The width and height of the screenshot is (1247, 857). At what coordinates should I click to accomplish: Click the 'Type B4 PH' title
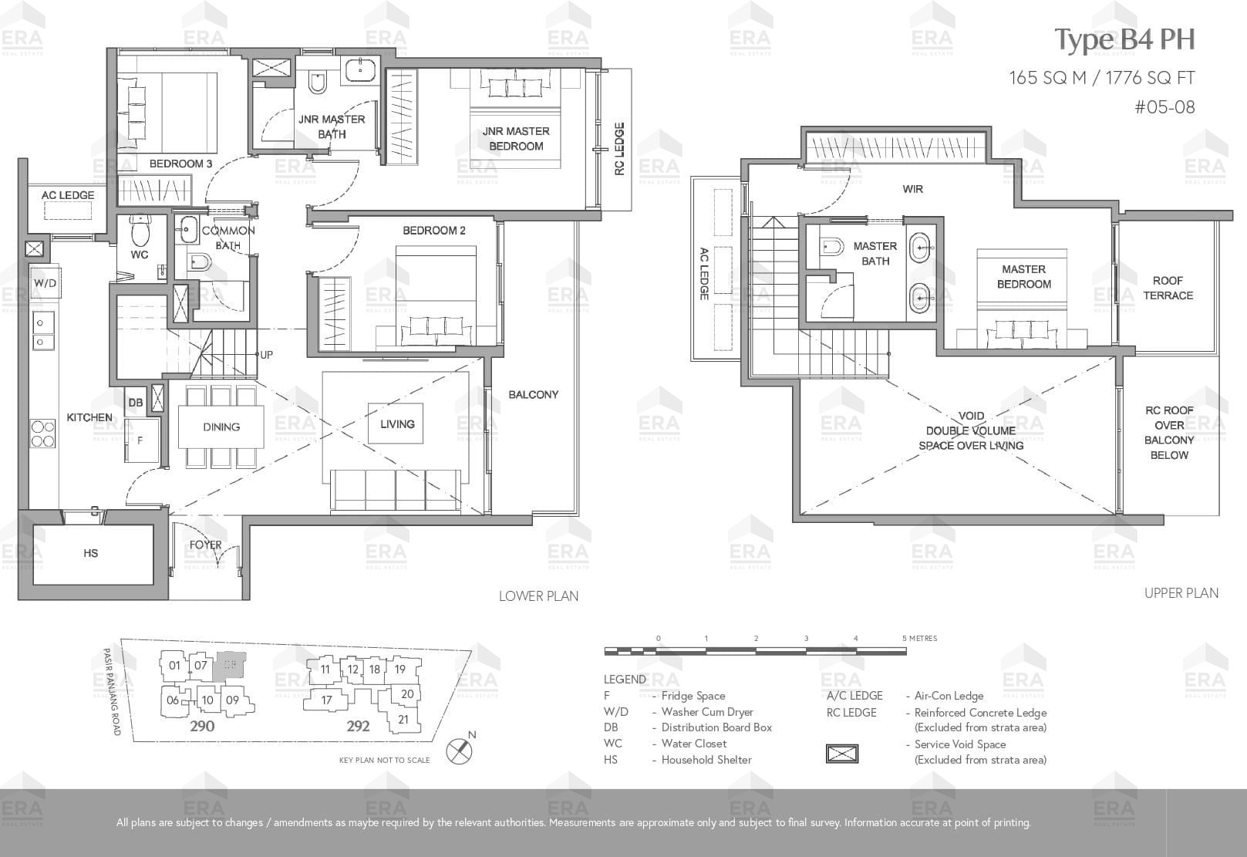pos(1124,40)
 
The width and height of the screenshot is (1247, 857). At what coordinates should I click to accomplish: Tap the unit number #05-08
pos(1164,106)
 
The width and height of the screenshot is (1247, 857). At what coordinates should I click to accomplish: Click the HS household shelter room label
pos(91,553)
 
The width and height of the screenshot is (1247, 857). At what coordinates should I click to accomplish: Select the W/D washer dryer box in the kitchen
pos(45,283)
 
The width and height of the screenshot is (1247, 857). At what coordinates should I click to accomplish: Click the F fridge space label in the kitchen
pos(140,440)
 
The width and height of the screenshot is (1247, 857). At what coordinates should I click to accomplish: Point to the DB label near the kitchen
pos(136,403)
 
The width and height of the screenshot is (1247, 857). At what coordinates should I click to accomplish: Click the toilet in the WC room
pos(139,231)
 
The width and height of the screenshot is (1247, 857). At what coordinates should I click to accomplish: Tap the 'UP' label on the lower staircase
pos(267,355)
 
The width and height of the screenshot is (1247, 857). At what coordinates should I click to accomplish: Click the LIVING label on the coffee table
pos(397,424)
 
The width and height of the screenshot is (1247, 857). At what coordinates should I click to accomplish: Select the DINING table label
pos(221,427)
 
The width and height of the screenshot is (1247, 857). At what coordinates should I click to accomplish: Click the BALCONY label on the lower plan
pos(534,395)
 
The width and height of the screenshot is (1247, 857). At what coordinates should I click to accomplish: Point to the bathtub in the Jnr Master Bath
pos(360,70)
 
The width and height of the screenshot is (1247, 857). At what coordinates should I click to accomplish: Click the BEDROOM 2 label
pos(434,231)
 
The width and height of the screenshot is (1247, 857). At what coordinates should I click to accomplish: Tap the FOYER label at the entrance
pos(205,545)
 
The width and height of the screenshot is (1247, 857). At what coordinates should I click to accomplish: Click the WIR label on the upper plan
pos(913,189)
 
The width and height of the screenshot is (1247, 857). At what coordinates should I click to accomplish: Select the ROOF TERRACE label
pos(1168,288)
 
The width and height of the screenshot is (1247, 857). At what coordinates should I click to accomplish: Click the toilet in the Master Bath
pos(831,246)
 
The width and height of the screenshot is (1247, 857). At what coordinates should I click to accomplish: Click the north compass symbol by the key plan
pos(460,750)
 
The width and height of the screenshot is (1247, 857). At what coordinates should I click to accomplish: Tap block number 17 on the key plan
pos(327,700)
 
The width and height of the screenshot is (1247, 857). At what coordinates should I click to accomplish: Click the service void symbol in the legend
pos(842,754)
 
